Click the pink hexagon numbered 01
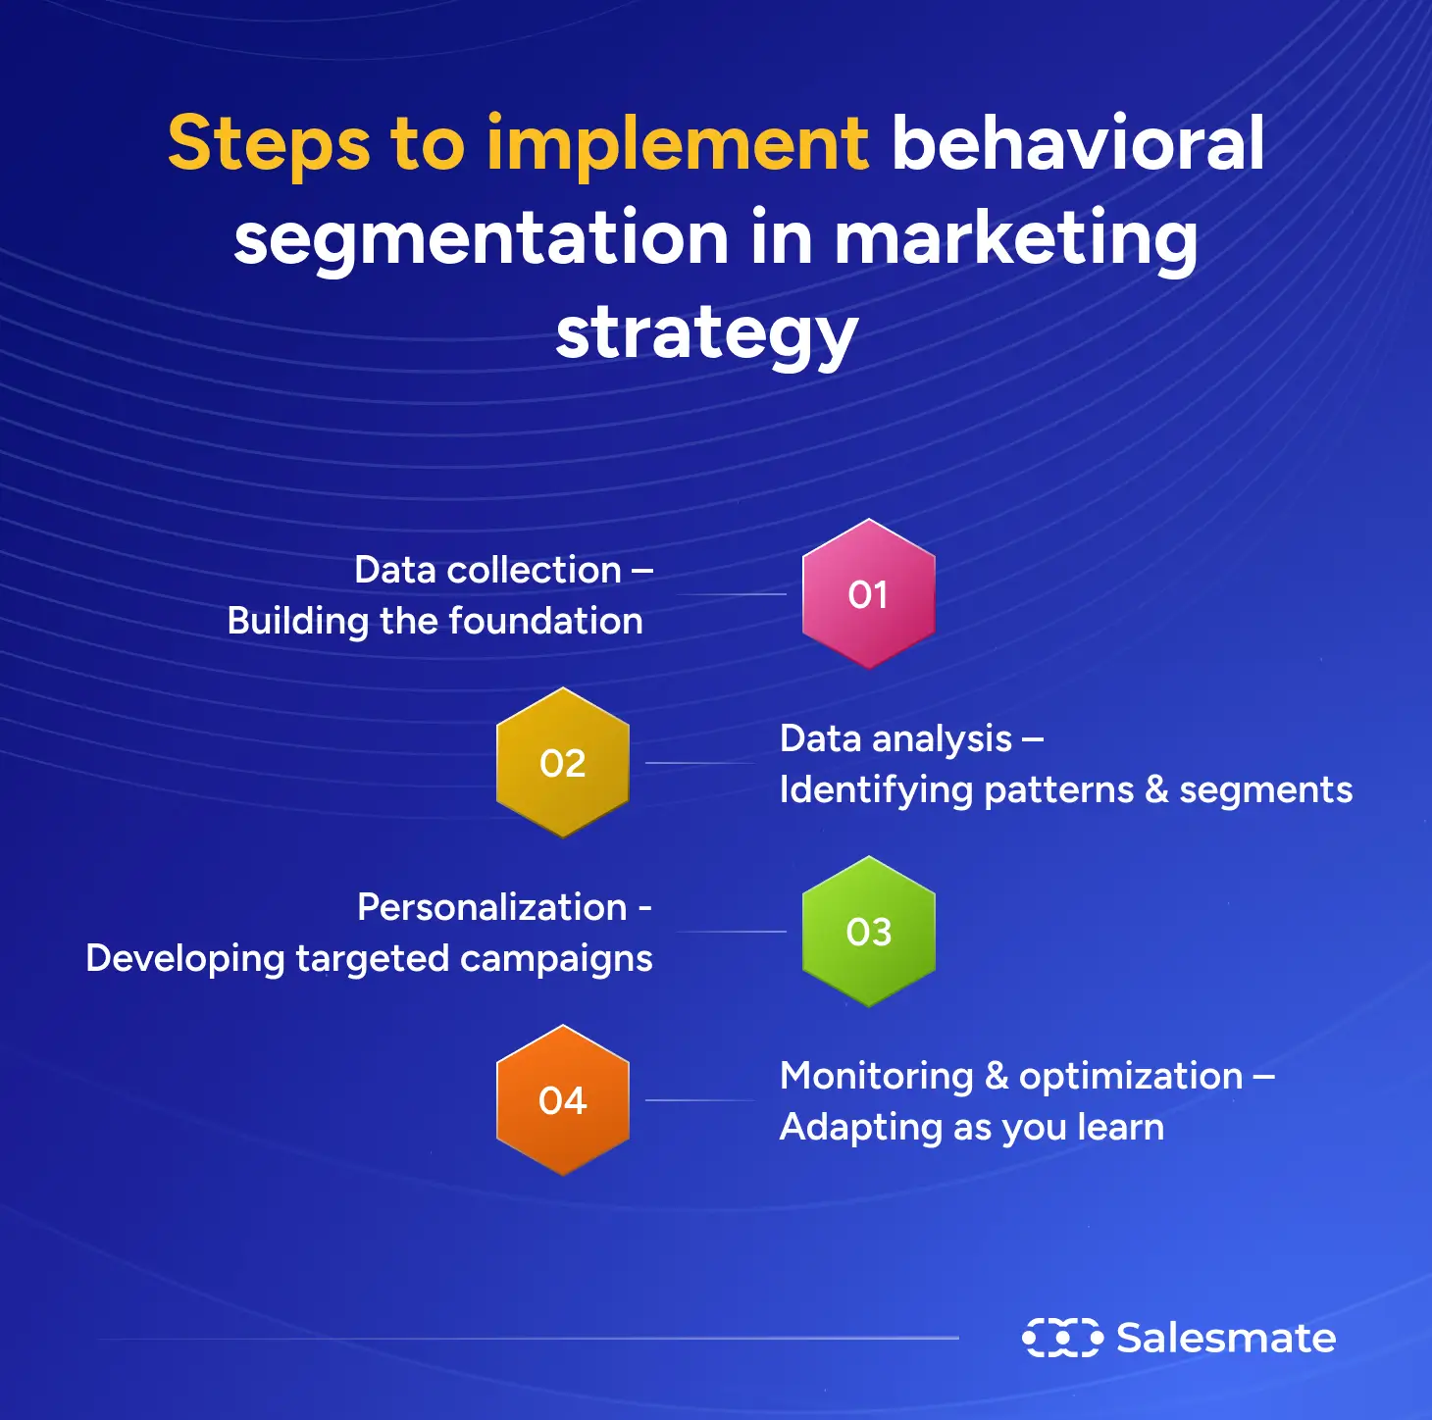click(868, 594)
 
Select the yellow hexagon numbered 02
click(562, 763)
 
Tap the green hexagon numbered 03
click(868, 932)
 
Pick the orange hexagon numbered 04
click(562, 1100)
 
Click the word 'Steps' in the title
click(269, 144)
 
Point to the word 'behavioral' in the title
click(1077, 144)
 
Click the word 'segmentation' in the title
click(481, 238)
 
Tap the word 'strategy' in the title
click(706, 334)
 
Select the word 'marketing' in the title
click(1015, 238)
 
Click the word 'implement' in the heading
click(677, 144)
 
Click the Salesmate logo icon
click(1061, 1338)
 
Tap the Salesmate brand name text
click(1226, 1338)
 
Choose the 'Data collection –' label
click(502, 570)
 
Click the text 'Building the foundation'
click(435, 621)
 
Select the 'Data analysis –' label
click(910, 738)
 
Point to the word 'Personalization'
click(491, 907)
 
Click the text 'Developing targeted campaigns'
click(369, 958)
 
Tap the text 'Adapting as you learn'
click(971, 1127)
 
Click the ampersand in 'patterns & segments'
click(1156, 789)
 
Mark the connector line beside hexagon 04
click(698, 1100)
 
